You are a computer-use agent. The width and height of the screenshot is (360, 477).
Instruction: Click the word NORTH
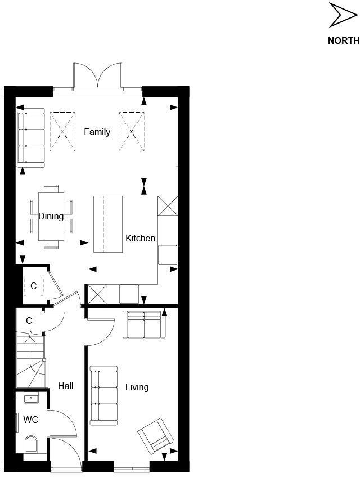(343, 40)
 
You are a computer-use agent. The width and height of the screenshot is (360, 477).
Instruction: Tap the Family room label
(97, 132)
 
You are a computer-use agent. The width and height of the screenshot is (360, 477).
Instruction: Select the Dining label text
(51, 216)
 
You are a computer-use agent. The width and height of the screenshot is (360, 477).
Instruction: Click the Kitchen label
(140, 238)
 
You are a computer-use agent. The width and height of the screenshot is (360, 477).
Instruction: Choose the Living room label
(137, 387)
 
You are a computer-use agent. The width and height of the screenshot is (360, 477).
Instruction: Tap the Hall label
(66, 386)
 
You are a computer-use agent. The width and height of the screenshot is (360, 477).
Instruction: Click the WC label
(30, 420)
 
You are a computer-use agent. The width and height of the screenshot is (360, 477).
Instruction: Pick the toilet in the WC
(31, 444)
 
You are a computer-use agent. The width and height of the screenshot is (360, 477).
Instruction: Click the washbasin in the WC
(31, 399)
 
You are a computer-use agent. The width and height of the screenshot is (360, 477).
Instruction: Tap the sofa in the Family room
(30, 137)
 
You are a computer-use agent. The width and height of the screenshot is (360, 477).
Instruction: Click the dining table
(51, 217)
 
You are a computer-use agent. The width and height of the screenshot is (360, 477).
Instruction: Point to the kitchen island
(107, 224)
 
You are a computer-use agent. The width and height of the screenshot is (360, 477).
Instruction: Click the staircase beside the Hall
(29, 360)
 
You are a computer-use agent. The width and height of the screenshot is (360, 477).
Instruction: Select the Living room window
(132, 465)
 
